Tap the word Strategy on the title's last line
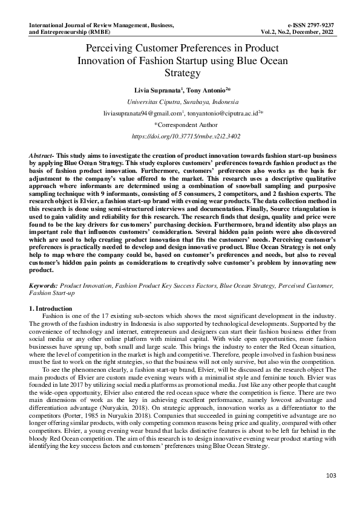182,73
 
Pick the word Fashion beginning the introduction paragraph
52,317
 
